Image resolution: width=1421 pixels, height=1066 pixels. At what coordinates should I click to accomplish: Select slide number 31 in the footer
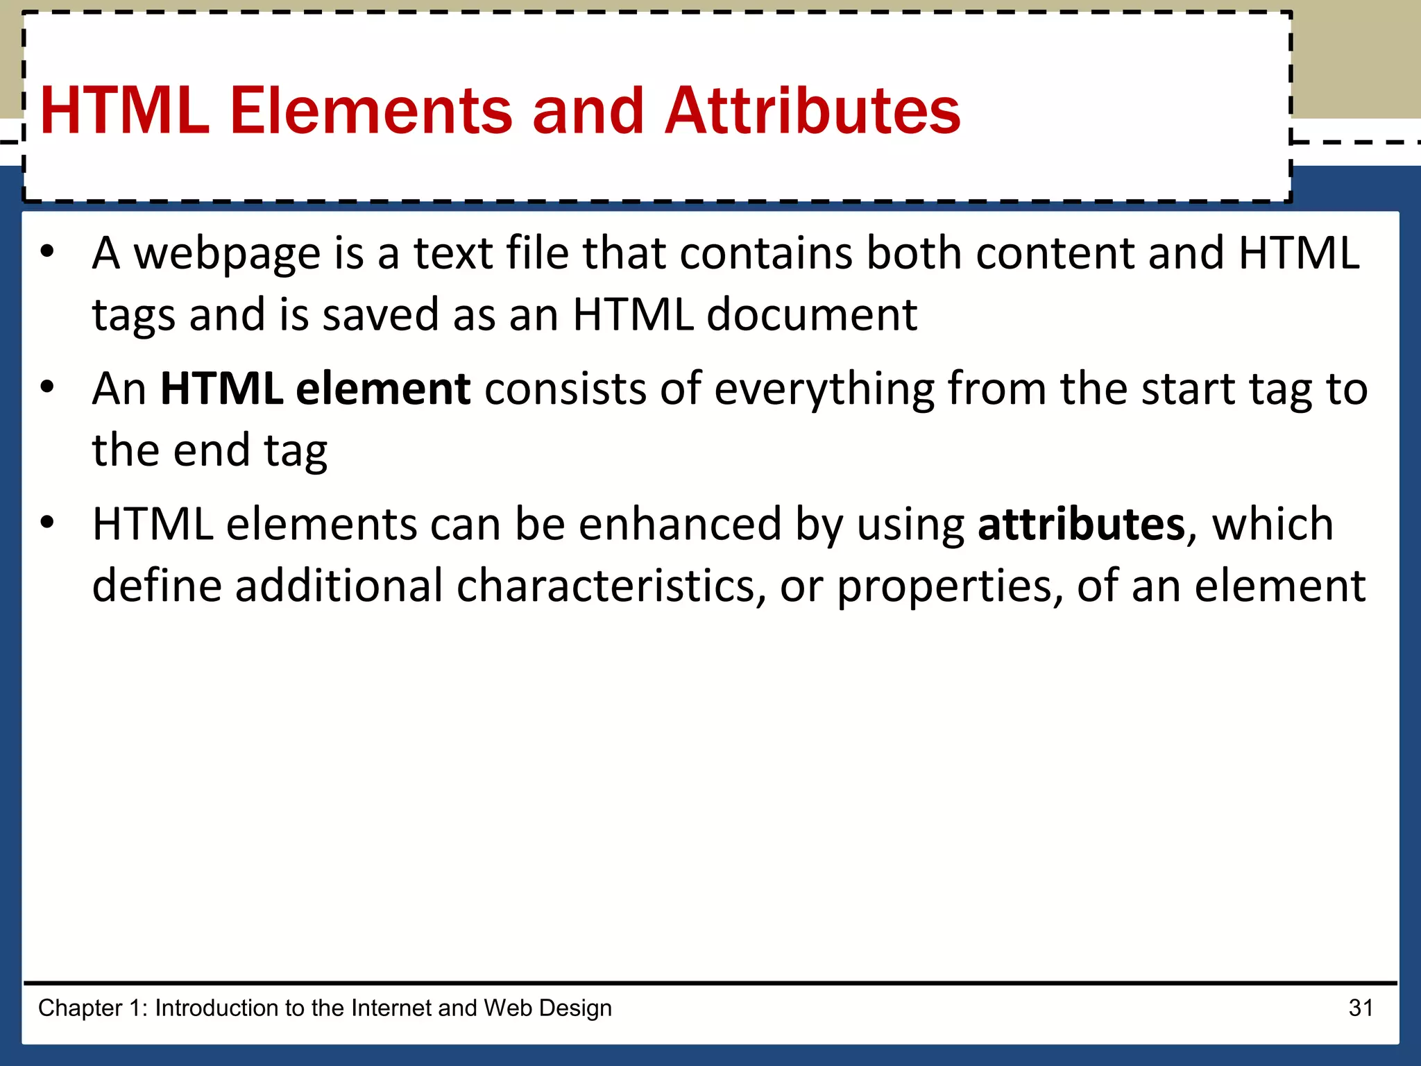click(1361, 1008)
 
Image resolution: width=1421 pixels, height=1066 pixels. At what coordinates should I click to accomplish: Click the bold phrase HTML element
click(316, 389)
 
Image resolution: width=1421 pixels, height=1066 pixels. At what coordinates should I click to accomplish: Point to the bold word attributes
click(1081, 524)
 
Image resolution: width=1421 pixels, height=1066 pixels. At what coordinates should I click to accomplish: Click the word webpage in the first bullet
click(227, 254)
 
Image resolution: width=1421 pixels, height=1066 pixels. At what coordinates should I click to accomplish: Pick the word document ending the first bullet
click(812, 315)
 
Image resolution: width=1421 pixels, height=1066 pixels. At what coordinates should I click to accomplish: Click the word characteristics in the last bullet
click(611, 586)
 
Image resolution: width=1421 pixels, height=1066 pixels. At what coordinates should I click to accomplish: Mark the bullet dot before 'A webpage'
click(46, 252)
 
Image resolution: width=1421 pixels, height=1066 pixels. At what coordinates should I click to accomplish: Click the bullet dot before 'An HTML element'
click(46, 387)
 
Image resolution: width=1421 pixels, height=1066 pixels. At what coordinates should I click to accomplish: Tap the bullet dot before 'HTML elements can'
click(46, 523)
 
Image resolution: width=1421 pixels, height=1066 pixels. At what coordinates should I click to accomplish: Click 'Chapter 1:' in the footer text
click(93, 1008)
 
